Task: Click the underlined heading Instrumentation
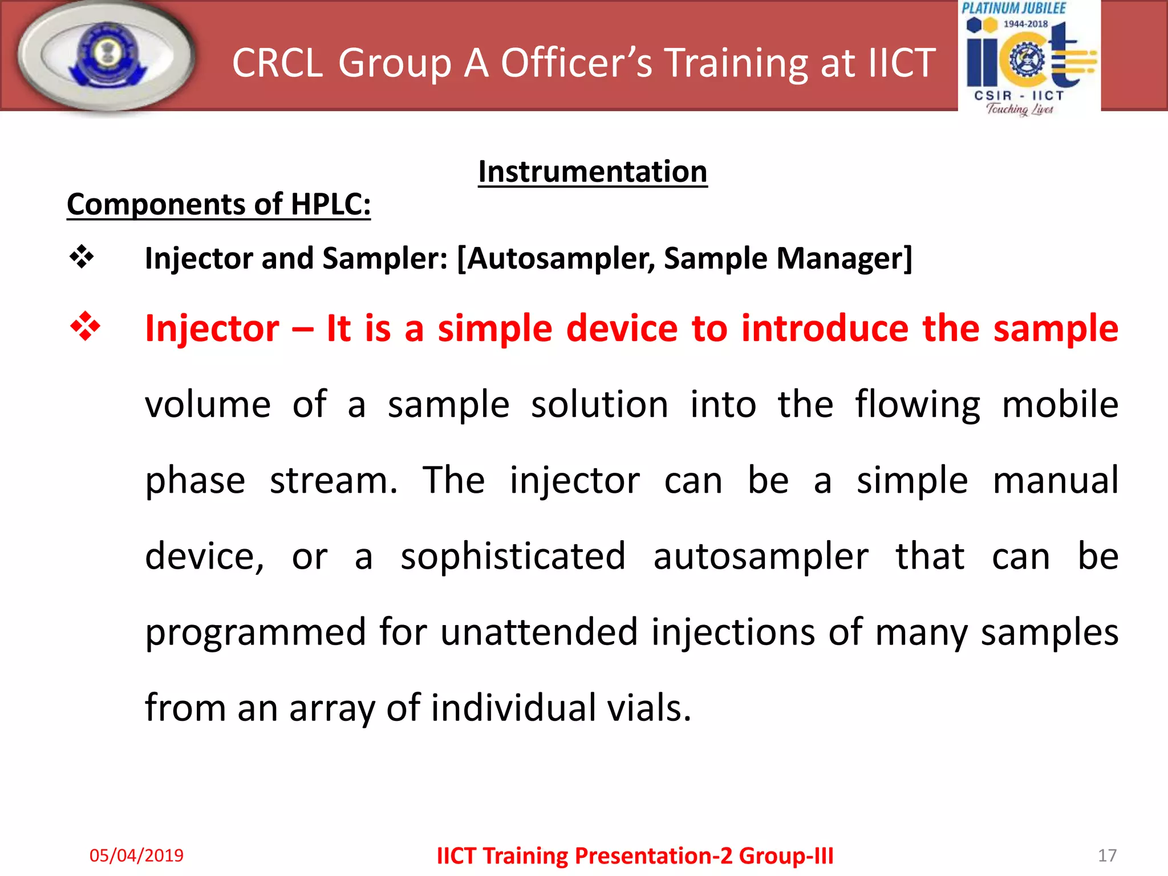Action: point(593,172)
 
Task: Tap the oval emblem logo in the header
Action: point(106,57)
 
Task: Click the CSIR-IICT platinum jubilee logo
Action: point(1029,58)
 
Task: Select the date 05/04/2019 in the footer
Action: point(136,855)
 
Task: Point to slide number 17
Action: point(1107,855)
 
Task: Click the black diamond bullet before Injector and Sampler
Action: point(82,257)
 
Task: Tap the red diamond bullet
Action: point(85,327)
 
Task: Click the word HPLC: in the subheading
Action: point(331,204)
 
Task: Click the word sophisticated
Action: point(513,556)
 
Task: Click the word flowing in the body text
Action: point(917,405)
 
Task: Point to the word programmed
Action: point(255,633)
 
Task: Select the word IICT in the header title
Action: point(902,63)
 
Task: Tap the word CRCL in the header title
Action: point(278,63)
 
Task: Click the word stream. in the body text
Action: point(334,480)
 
